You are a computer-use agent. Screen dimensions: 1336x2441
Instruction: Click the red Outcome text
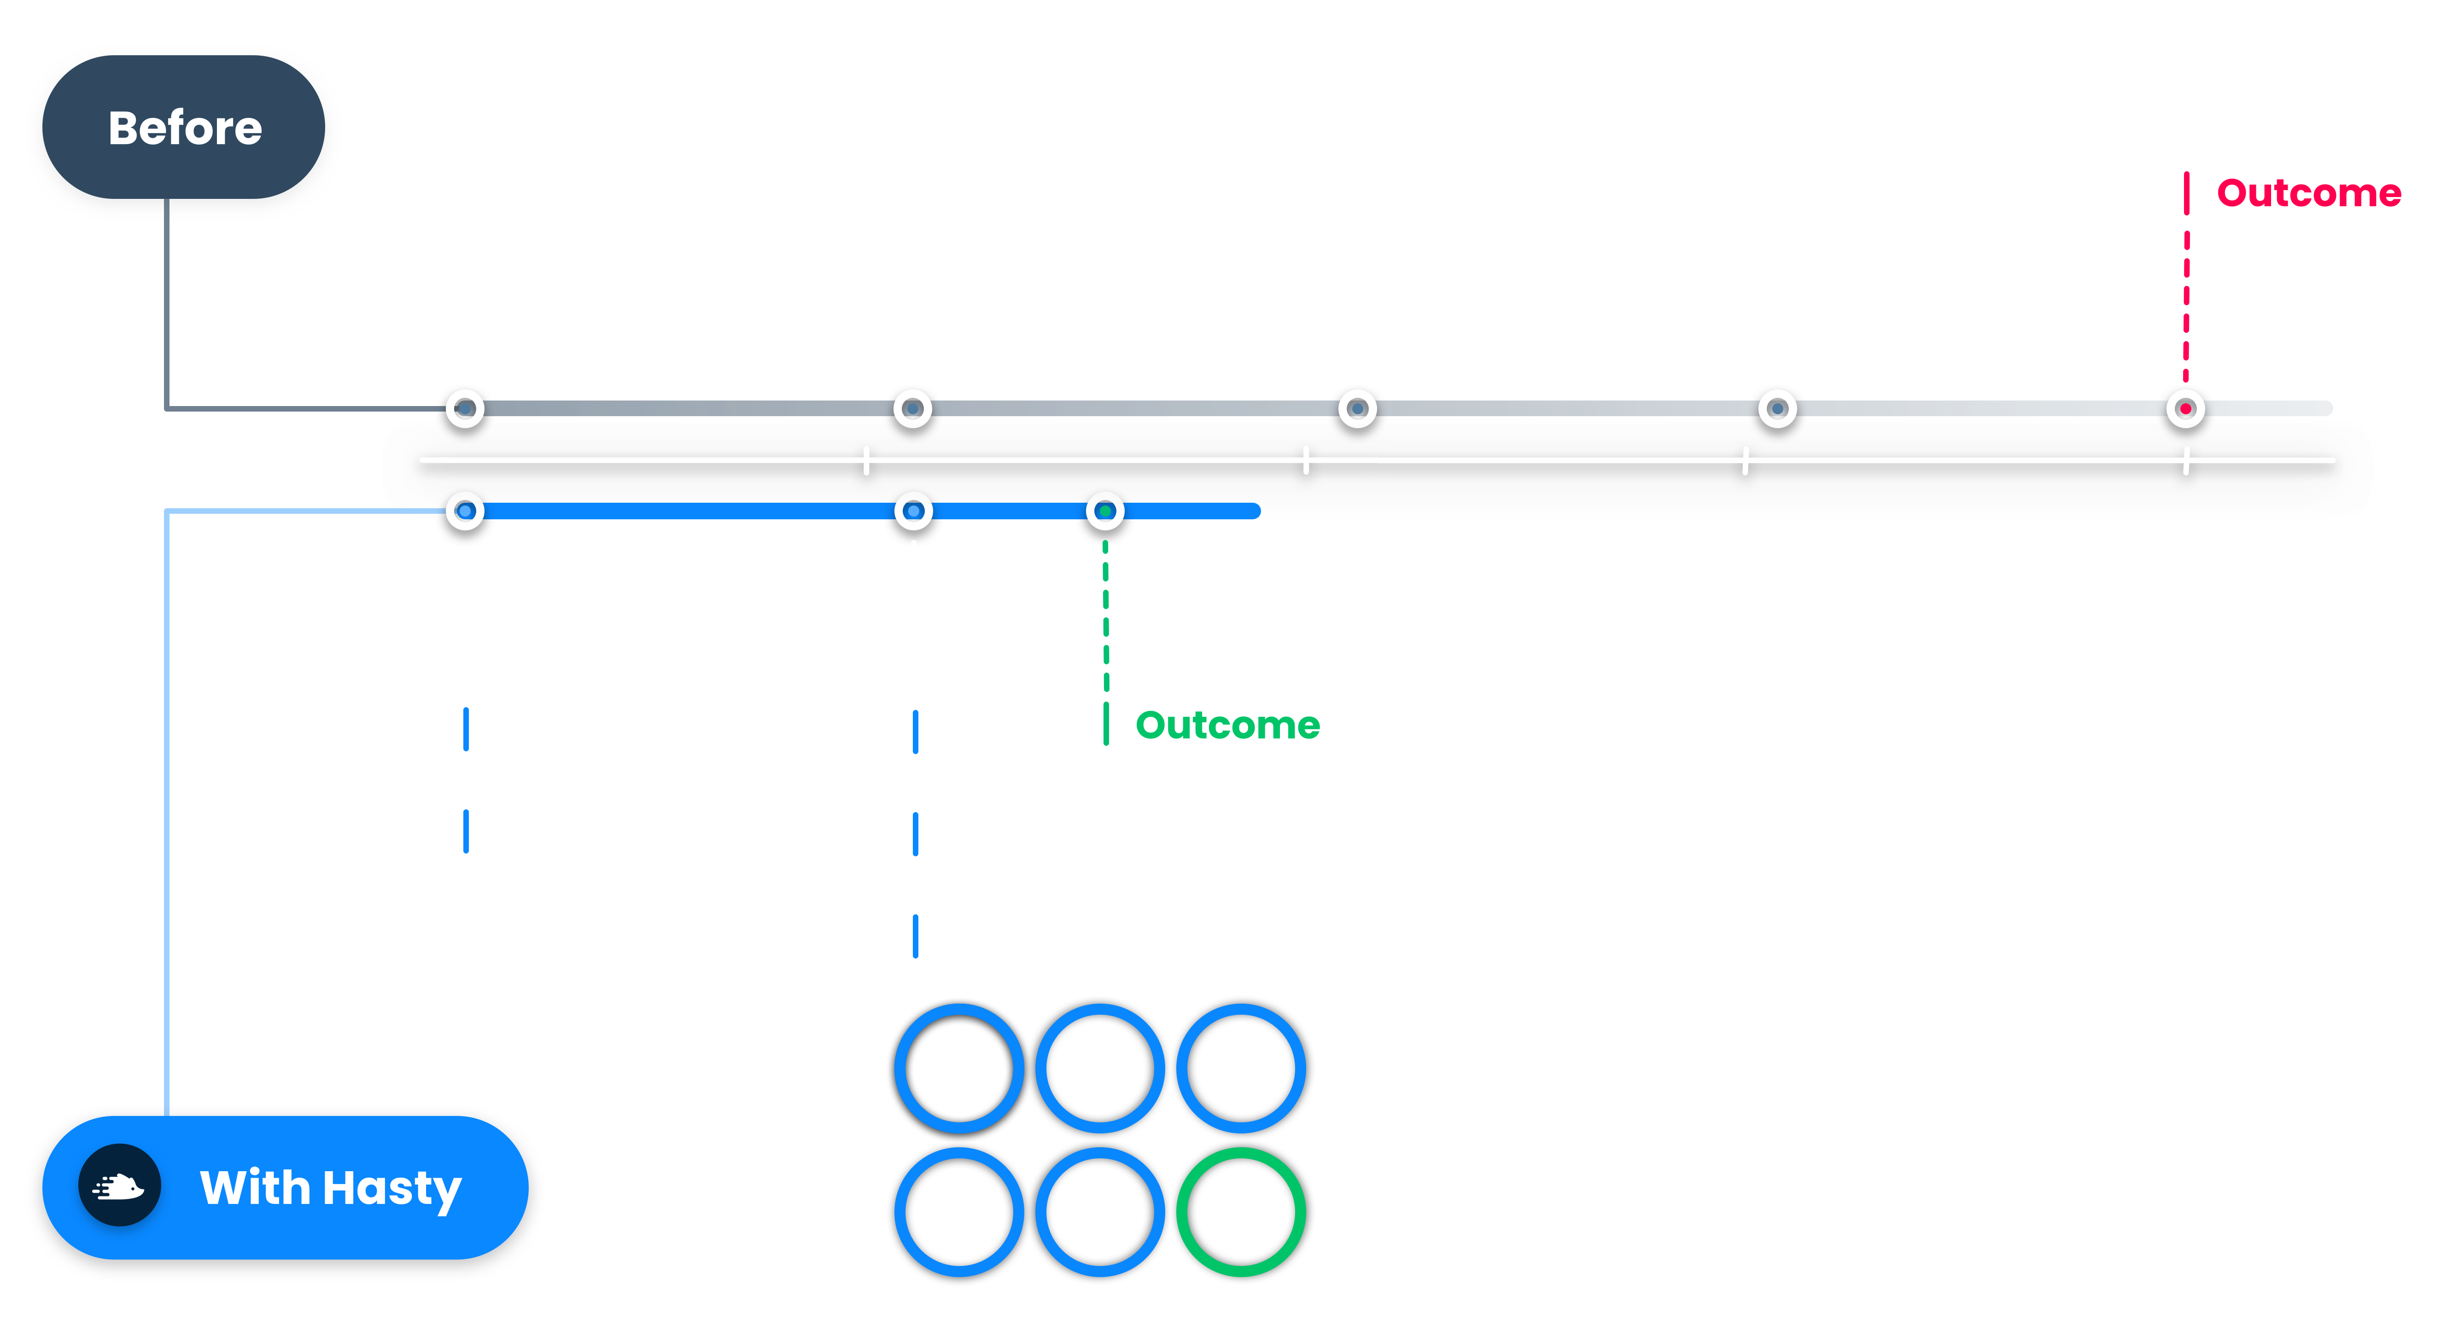[2308, 193]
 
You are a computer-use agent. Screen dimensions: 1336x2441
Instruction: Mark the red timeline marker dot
[2185, 408]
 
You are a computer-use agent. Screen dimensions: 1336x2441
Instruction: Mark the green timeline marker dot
[1105, 511]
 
